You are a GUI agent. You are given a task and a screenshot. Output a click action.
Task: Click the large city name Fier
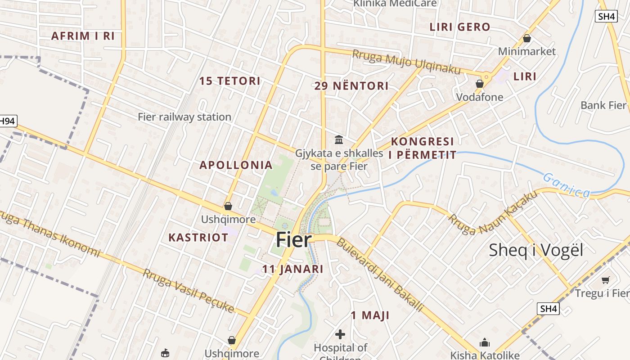click(293, 240)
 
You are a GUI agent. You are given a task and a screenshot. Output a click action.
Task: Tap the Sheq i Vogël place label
click(535, 250)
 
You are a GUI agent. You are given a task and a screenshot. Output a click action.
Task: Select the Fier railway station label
click(184, 117)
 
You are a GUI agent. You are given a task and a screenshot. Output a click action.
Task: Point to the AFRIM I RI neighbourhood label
click(83, 36)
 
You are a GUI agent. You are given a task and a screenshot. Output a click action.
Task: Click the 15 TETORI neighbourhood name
click(230, 81)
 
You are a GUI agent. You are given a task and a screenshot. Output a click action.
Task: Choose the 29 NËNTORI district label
click(351, 86)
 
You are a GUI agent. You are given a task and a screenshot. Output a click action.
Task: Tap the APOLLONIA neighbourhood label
click(236, 165)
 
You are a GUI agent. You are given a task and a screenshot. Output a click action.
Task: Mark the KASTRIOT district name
click(198, 237)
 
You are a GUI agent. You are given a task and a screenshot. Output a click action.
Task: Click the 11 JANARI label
click(292, 269)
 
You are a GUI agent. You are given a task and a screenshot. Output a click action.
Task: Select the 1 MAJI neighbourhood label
click(370, 315)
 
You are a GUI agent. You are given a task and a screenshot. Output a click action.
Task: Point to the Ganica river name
click(566, 185)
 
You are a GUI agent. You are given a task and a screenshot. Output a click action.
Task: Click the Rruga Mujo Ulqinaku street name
click(406, 62)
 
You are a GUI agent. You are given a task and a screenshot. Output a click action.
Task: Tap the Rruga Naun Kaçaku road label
click(493, 213)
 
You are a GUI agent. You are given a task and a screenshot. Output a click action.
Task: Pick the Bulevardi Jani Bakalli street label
click(380, 274)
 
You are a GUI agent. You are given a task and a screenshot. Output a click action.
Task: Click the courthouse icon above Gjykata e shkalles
click(339, 140)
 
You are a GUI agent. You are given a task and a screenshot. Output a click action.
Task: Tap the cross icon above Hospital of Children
click(340, 334)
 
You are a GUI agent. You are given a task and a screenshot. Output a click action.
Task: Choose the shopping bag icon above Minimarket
click(526, 39)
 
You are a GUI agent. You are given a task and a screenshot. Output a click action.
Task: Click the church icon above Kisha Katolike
click(484, 342)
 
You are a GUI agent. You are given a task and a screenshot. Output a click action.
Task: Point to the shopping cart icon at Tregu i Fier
click(605, 280)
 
